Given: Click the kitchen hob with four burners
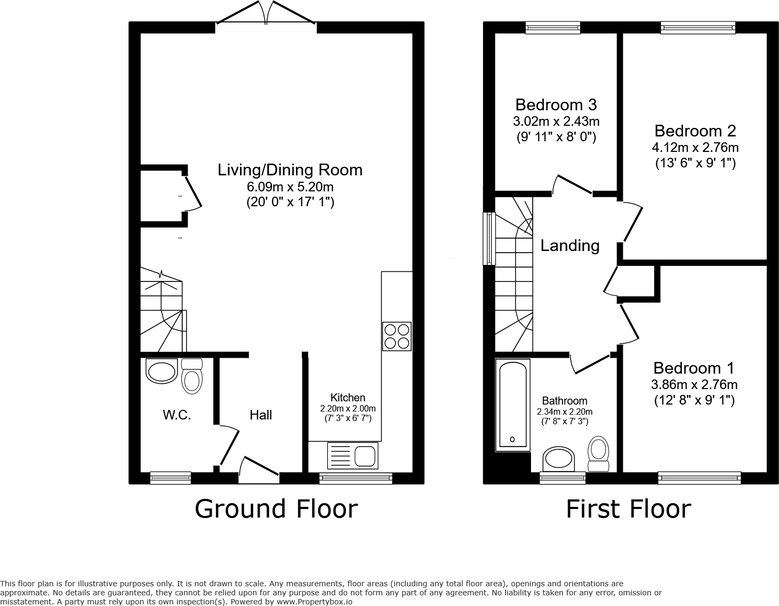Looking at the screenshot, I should tap(397, 336).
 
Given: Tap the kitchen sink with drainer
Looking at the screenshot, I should tap(354, 456).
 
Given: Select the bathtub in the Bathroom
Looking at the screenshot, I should tap(513, 404).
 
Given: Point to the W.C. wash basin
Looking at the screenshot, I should tap(161, 371).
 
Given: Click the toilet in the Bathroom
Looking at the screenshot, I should tap(599, 454).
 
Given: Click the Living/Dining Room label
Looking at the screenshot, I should tap(290, 170).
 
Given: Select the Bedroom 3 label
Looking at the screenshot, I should tap(556, 104).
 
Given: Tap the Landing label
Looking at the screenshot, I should tap(569, 246).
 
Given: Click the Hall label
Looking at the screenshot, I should tap(261, 415).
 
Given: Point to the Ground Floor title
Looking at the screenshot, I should tap(276, 508).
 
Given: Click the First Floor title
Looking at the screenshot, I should tap(628, 508).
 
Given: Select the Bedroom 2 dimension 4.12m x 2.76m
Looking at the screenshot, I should tap(695, 148).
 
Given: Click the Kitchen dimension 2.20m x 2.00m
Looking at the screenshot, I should tap(348, 409).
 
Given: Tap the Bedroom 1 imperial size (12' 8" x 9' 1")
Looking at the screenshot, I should tap(694, 400).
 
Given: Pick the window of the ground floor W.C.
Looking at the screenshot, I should tap(171, 478).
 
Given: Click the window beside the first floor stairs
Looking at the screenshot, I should tap(489, 238).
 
